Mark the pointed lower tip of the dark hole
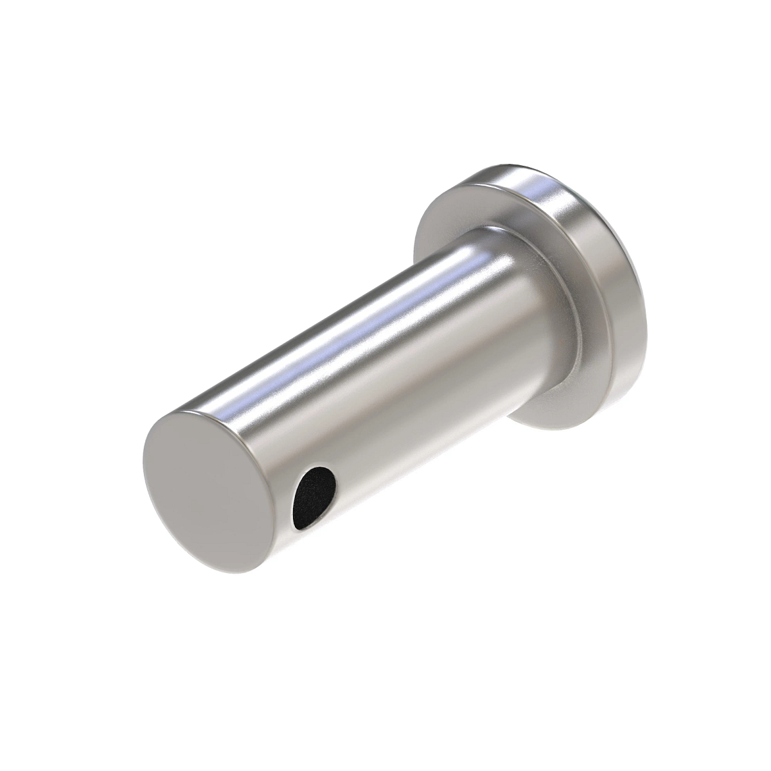299,527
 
